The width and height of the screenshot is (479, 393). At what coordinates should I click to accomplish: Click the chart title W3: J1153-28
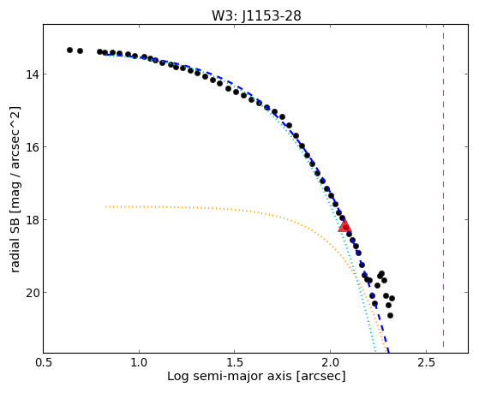(x=256, y=15)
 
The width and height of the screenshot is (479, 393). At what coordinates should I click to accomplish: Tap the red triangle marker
(x=344, y=226)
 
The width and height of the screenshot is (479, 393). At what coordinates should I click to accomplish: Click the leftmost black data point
(x=69, y=50)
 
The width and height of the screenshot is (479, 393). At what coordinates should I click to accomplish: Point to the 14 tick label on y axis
(x=32, y=74)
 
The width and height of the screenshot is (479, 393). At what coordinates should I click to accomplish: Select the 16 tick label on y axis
(x=32, y=147)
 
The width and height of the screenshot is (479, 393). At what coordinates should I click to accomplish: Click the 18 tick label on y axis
(x=32, y=219)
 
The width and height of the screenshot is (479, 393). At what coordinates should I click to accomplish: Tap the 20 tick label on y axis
(x=32, y=293)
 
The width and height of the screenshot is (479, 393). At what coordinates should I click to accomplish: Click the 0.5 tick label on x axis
(x=44, y=362)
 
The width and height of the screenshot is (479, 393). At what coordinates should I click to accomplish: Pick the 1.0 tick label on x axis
(x=139, y=362)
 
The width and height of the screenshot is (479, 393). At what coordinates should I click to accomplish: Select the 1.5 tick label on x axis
(x=235, y=362)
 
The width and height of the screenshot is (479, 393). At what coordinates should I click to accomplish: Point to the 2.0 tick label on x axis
(x=330, y=362)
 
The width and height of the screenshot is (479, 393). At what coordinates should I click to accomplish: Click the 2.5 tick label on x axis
(x=426, y=362)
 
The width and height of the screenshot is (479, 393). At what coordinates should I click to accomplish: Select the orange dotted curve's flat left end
(x=105, y=206)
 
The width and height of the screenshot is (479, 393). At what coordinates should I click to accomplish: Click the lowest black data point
(x=390, y=315)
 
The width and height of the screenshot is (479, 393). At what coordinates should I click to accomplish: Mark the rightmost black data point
(x=392, y=298)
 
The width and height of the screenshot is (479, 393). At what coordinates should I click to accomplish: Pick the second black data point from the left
(x=80, y=51)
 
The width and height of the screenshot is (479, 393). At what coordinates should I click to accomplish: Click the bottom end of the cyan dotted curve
(x=374, y=352)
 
